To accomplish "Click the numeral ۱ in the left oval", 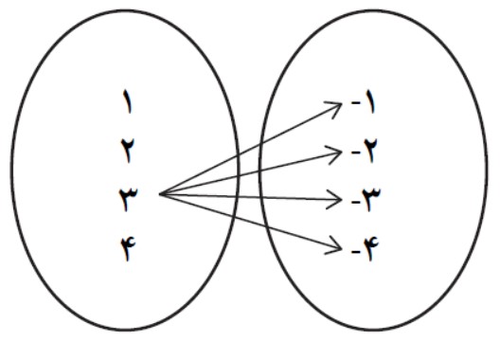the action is pos(128,101).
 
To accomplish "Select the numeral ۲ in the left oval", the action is pos(128,151).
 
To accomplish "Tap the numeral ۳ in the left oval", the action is pos(128,199).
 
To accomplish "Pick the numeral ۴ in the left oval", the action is pos(128,248).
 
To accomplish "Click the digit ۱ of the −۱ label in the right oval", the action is pos(370,102).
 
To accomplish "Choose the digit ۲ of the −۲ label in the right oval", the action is pos(369,151).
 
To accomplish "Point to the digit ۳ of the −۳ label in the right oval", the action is pos(371,200).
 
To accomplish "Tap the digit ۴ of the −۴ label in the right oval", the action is pos(371,249).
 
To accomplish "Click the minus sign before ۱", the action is pos(355,102).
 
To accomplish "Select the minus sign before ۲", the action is pos(355,153).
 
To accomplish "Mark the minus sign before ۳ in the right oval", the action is pos(355,202).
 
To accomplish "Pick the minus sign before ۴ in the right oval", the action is pos(355,252).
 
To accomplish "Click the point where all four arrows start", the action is pos(159,193).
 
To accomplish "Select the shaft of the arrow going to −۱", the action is pos(250,149).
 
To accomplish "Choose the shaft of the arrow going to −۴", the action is pos(250,222).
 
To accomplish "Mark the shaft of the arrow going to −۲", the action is pos(250,173).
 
